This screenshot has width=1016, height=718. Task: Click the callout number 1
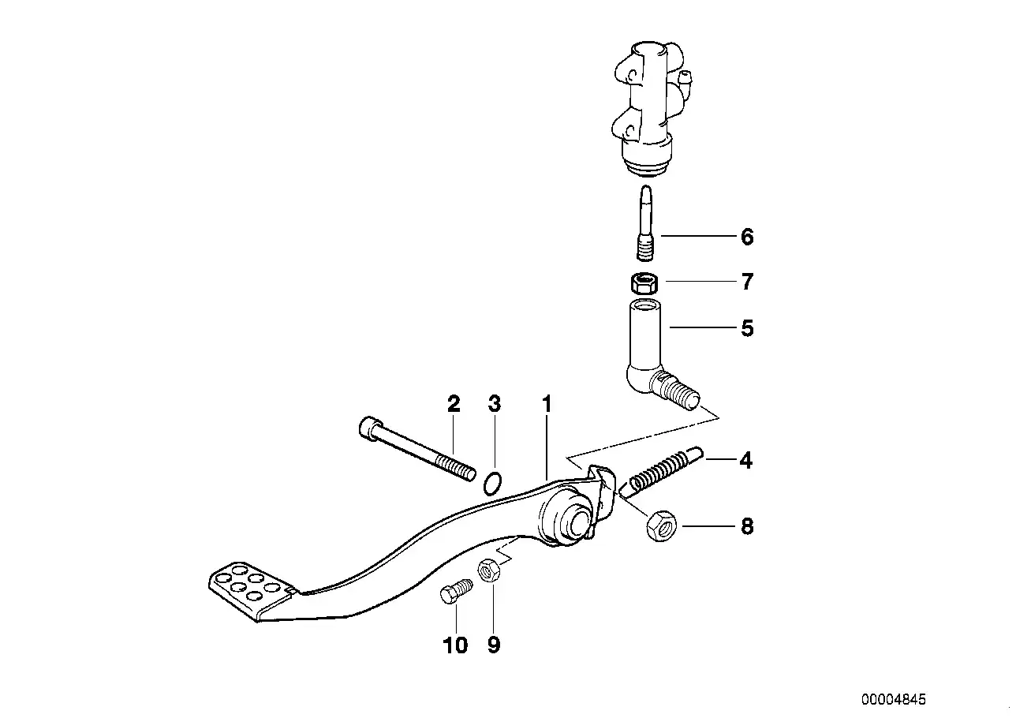(546, 405)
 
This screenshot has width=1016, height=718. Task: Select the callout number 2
(454, 405)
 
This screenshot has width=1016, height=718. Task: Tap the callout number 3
(495, 405)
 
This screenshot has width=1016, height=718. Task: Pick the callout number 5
(747, 327)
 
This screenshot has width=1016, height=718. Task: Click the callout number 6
(746, 237)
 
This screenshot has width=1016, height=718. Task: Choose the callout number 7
(746, 281)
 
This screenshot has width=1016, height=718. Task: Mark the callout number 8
(746, 526)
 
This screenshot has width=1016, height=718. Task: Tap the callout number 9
(494, 645)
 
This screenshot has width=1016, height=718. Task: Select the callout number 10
(456, 645)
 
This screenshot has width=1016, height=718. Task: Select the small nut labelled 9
(487, 570)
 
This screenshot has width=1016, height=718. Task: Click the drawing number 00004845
(893, 699)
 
